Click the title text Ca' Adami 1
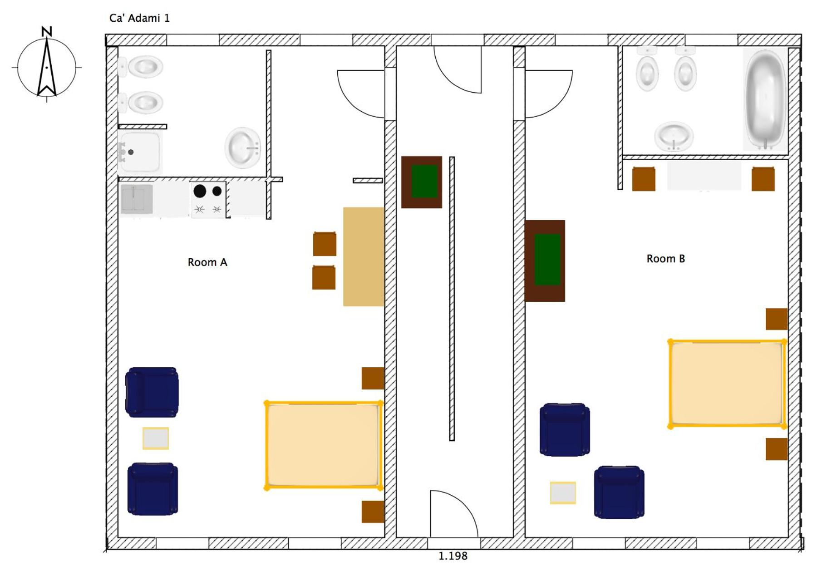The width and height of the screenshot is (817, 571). pos(139,18)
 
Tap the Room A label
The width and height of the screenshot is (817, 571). pos(207,262)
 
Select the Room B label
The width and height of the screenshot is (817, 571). pos(665,259)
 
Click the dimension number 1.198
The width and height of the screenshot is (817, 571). pos(453,556)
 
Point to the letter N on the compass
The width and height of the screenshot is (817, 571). pos(47,31)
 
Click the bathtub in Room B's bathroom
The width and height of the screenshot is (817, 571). pos(765,100)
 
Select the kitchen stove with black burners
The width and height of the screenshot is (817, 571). pos(208,200)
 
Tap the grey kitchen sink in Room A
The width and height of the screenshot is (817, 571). pos(137,199)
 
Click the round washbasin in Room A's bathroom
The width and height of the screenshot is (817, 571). pos(243,148)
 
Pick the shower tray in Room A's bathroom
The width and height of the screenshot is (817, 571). pos(140,152)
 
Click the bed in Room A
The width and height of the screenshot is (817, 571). pos(323,445)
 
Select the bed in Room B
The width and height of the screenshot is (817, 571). pos(728,384)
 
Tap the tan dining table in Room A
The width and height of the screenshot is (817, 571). pos(364,256)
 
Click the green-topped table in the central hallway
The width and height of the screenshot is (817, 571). pos(422,182)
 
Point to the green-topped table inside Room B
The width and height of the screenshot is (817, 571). pos(545,261)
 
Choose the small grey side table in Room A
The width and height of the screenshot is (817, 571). pos(156,438)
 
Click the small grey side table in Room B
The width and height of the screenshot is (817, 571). pos(563,493)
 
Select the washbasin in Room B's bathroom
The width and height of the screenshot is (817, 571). pos(674,136)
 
